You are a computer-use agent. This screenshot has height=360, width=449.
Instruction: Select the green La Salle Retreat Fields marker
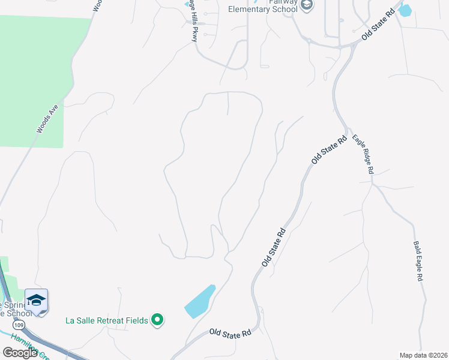(x=157, y=320)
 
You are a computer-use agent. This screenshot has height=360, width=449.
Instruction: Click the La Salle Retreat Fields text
(x=107, y=320)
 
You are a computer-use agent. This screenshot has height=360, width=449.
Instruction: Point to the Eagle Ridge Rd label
(x=363, y=154)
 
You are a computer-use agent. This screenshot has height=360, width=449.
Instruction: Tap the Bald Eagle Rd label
(x=418, y=262)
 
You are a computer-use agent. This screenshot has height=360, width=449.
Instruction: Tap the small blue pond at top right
(x=405, y=10)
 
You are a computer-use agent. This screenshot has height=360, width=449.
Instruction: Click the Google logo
(x=20, y=352)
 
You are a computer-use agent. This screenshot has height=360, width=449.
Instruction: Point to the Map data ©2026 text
(x=423, y=355)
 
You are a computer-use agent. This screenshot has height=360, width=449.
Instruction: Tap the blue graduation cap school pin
(x=36, y=300)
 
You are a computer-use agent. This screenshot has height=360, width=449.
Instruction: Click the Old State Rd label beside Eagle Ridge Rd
(x=330, y=151)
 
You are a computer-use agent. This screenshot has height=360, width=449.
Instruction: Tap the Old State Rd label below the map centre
(x=273, y=247)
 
